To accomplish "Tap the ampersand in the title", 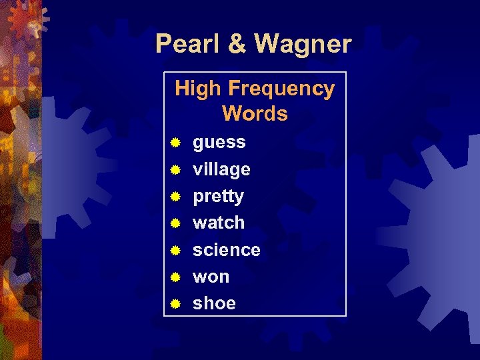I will click(236, 45).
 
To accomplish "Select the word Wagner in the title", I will click(302, 45).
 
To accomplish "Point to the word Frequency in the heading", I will click(281, 89).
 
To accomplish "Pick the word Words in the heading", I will click(255, 113).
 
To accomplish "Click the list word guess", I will click(219, 143).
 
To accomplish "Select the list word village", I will click(221, 169).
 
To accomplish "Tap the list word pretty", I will click(218, 197).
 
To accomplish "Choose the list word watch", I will click(219, 223).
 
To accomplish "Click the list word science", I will click(227, 250).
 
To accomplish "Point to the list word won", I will click(211, 277).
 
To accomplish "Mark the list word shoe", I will click(214, 303).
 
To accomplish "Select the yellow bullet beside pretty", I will click(175, 197).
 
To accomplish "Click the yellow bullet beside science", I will click(175, 250).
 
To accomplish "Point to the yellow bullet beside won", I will click(175, 277).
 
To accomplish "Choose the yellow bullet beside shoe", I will click(175, 303).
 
